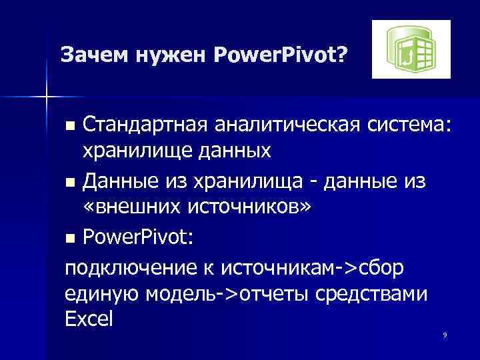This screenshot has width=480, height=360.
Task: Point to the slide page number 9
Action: (x=444, y=333)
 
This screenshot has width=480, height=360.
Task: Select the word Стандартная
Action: (x=142, y=123)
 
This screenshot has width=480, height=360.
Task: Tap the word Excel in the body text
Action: (x=89, y=320)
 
